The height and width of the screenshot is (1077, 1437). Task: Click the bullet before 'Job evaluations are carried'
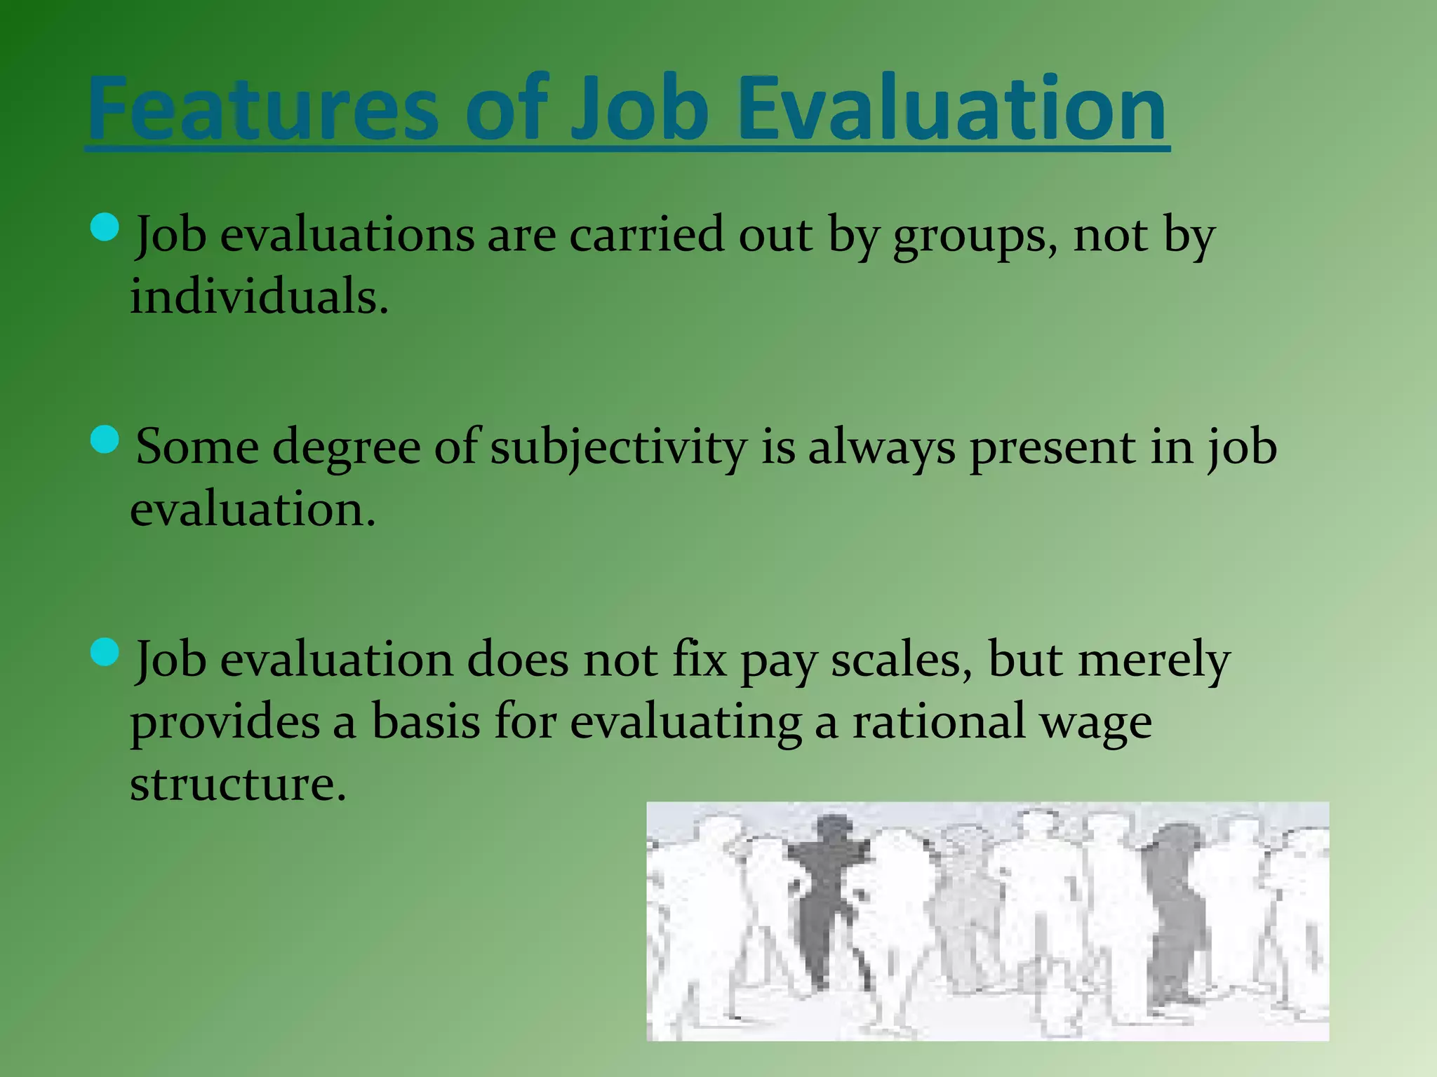tap(105, 228)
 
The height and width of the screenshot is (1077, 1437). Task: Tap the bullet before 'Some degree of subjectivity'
tap(105, 440)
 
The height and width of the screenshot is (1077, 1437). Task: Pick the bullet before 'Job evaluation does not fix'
tap(105, 652)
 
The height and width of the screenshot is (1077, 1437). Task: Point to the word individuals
tap(258, 297)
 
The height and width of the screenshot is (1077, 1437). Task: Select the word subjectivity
tap(617, 449)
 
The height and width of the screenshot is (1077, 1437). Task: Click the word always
tap(881, 449)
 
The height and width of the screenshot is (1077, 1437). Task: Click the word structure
tap(238, 784)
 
